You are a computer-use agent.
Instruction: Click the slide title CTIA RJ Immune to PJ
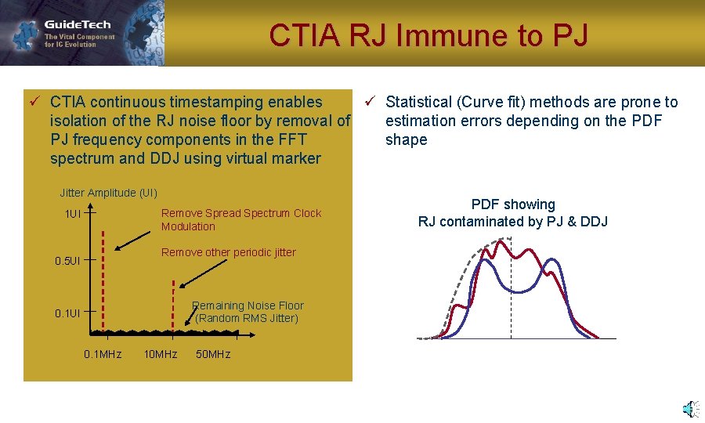[x=428, y=35]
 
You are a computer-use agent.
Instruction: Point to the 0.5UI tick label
[x=67, y=260]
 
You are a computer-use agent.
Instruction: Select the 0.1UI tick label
[x=67, y=313]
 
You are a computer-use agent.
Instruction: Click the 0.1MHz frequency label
[x=103, y=354]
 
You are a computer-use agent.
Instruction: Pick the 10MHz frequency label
[x=161, y=354]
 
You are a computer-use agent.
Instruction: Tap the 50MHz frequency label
[x=213, y=354]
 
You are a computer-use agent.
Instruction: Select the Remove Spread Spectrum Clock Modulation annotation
[x=240, y=219]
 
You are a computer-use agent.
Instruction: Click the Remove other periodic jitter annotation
[x=228, y=252]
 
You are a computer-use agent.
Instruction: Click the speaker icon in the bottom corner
[x=689, y=408]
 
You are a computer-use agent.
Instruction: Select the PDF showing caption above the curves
[x=512, y=204]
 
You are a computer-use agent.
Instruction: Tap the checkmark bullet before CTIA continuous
[x=34, y=102]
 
